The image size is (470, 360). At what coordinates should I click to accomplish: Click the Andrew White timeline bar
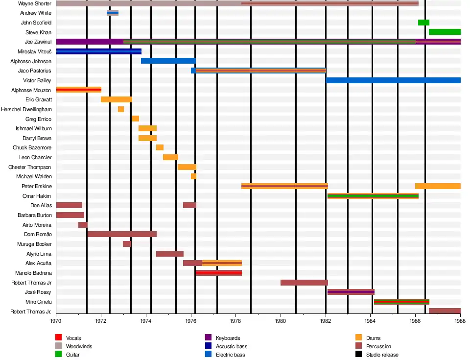pyautogui.click(x=113, y=13)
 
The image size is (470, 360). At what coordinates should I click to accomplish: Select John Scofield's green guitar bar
pyautogui.click(x=423, y=23)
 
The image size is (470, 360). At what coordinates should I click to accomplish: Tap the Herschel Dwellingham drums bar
pyautogui.click(x=121, y=109)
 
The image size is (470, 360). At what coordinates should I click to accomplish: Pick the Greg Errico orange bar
pyautogui.click(x=135, y=119)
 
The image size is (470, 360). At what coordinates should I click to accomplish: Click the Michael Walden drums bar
pyautogui.click(x=193, y=176)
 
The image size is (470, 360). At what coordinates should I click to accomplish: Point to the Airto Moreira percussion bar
pyautogui.click(x=83, y=225)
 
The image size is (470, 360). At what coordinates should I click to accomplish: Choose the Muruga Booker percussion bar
pyautogui.click(x=127, y=244)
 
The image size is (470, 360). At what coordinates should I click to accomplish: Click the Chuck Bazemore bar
pyautogui.click(x=160, y=147)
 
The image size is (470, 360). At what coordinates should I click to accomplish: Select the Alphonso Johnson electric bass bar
pyautogui.click(x=168, y=61)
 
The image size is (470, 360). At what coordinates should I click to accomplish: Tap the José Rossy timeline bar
pyautogui.click(x=351, y=292)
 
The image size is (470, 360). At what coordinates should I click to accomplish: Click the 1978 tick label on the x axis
pyautogui.click(x=235, y=321)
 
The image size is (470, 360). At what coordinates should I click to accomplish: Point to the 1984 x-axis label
pyautogui.click(x=370, y=321)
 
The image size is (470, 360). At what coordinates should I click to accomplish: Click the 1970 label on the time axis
pyautogui.click(x=56, y=321)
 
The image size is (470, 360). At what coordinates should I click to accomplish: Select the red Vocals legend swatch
pyautogui.click(x=58, y=338)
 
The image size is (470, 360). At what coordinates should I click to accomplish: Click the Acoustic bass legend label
pyautogui.click(x=232, y=346)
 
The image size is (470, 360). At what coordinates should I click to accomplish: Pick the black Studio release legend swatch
pyautogui.click(x=358, y=354)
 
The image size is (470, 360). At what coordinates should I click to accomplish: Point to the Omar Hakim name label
pyautogui.click(x=37, y=196)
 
